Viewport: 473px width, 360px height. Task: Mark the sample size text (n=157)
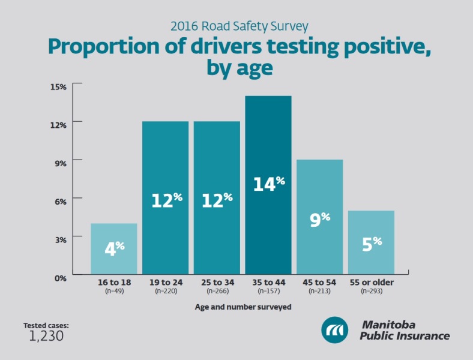point(268,290)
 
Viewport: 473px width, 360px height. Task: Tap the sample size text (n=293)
point(372,290)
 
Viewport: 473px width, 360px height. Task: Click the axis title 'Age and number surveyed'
point(243,307)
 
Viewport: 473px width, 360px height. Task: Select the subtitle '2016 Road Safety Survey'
point(240,26)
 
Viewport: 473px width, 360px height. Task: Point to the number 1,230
point(46,336)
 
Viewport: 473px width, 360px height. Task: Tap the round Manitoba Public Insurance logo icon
point(335,329)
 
